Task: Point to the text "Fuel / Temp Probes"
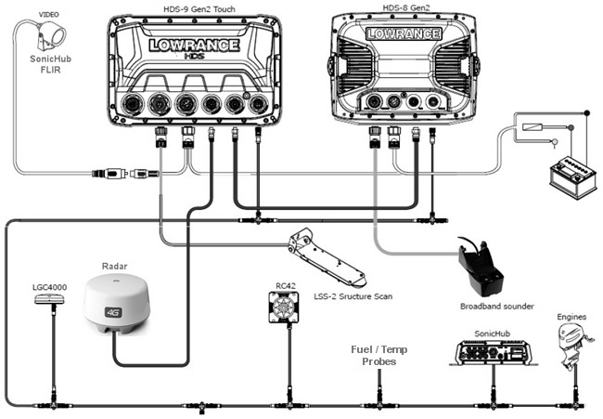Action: (x=378, y=356)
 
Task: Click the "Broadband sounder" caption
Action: (x=496, y=306)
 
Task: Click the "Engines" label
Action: (x=571, y=318)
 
